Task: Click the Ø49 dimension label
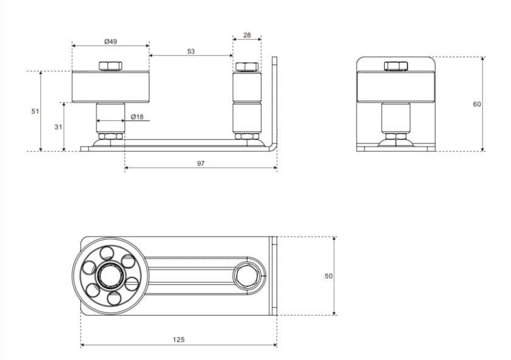(x=111, y=41)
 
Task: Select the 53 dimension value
(x=191, y=51)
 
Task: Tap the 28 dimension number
(x=247, y=35)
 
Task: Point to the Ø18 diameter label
(x=137, y=117)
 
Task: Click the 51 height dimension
(x=35, y=111)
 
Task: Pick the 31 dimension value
(x=58, y=127)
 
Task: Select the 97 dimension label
(x=201, y=164)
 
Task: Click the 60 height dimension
(x=477, y=105)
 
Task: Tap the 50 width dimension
(x=329, y=276)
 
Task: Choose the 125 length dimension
(x=179, y=340)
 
